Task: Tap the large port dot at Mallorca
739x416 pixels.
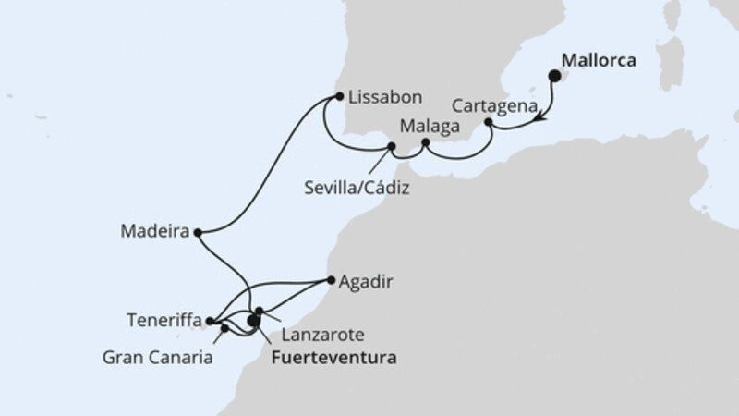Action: coord(556,78)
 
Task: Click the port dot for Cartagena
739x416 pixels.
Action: coord(489,123)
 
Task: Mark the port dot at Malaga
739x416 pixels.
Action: coord(425,143)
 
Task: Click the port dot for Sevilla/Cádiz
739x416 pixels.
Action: coord(392,147)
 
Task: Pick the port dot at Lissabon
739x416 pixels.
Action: coord(340,95)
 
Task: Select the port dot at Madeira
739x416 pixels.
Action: coord(200,233)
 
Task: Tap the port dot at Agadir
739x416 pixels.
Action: coord(331,277)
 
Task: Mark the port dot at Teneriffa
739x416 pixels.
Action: coord(210,322)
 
